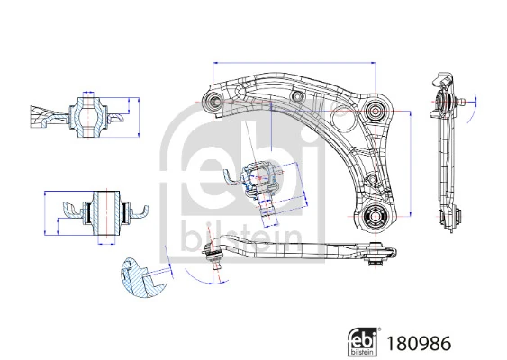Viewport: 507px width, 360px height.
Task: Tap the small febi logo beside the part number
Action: click(x=362, y=341)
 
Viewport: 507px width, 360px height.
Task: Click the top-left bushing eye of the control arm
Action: click(x=213, y=101)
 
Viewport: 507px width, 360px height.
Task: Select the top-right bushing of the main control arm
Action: click(x=376, y=112)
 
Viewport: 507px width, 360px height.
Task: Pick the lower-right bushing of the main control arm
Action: click(x=376, y=217)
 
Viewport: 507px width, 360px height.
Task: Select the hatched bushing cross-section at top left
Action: click(x=88, y=114)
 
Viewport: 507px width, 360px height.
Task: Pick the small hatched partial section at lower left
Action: click(x=140, y=278)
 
